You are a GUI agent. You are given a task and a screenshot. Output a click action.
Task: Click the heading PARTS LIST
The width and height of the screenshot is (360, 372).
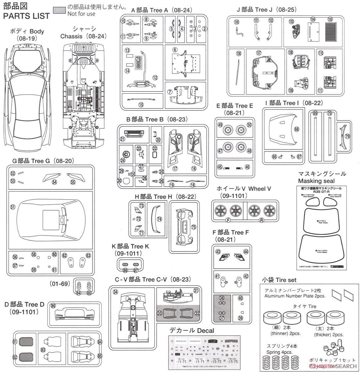26,15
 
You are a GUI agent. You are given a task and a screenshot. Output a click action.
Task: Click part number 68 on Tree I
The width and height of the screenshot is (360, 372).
297,129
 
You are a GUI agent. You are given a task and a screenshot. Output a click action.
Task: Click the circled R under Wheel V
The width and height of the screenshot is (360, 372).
261,220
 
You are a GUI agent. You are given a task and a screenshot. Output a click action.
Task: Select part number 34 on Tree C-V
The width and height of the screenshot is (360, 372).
115,292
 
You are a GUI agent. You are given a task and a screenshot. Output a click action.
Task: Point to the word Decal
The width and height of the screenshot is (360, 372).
204,330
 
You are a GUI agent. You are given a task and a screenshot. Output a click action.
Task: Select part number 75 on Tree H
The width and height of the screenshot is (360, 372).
193,227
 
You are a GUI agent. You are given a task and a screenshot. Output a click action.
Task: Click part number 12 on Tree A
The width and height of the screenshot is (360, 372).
155,77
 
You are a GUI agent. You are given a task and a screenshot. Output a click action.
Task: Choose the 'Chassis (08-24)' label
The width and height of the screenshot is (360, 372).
83,36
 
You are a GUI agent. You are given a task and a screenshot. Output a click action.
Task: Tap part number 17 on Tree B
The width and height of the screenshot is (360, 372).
175,169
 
